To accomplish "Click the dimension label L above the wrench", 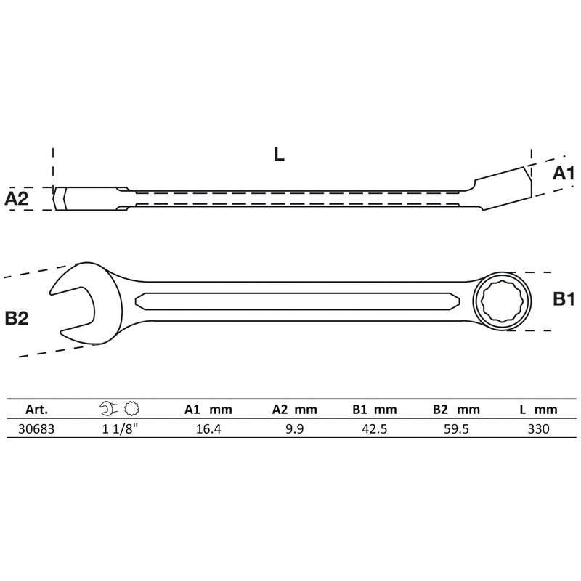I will click(280, 155).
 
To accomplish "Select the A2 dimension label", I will click(17, 198).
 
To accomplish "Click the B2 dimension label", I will click(17, 317).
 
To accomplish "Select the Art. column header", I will click(36, 409).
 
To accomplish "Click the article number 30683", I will click(36, 428).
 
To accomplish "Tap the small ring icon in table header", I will click(131, 408).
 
